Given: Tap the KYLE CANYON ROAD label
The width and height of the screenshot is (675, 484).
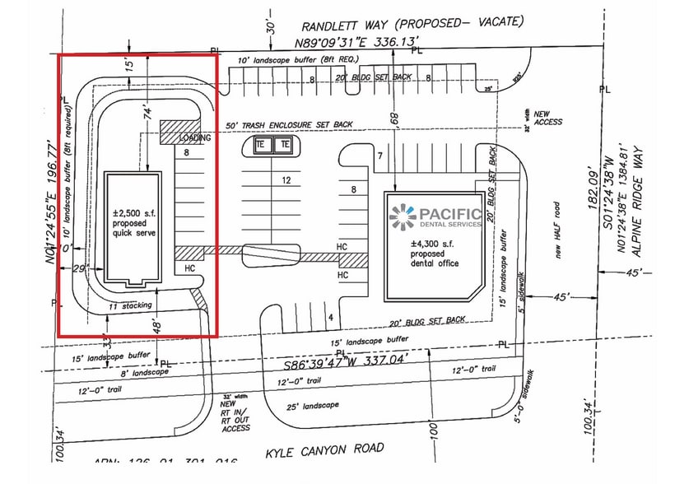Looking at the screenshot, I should point(324,449).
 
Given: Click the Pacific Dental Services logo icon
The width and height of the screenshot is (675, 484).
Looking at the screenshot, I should point(403,216).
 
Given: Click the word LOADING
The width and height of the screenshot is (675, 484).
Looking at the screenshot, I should point(195,138).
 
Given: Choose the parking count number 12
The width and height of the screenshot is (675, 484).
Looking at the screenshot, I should point(286,179).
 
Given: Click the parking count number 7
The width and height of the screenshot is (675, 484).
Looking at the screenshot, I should point(379,156).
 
